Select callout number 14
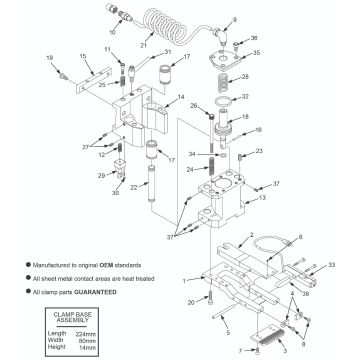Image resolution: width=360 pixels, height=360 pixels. pyautogui.click(x=180, y=97)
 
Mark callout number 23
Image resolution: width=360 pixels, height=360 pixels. pyautogui.click(x=262, y=151)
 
